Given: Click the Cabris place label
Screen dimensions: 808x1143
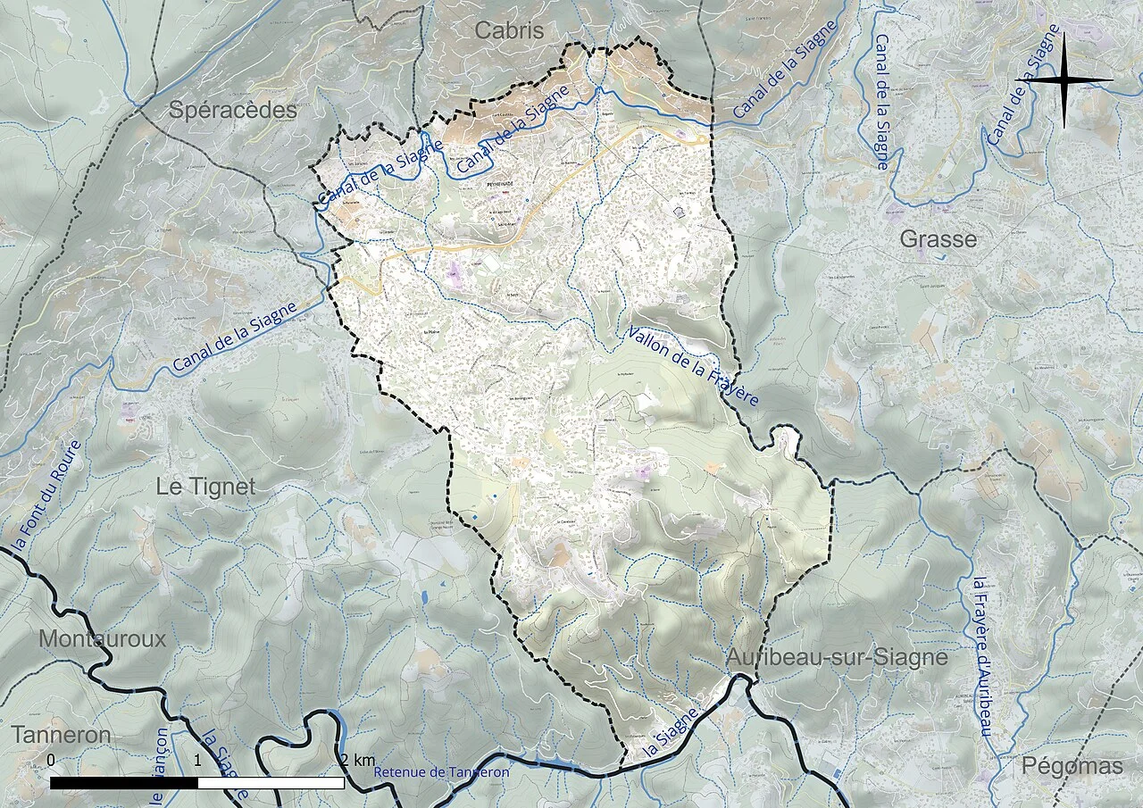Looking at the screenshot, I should point(508,30).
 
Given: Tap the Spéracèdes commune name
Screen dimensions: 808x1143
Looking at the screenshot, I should point(232,111).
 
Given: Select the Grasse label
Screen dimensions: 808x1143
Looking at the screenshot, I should point(938,239).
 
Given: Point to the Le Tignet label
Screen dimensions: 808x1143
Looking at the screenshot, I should point(205,487).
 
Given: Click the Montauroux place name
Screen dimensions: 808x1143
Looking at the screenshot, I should point(102,638).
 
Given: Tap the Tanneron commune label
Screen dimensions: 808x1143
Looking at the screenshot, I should point(62,735).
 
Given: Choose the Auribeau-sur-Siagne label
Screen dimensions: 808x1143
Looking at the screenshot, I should point(837,658).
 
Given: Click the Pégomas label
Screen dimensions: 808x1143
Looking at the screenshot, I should point(1072,766).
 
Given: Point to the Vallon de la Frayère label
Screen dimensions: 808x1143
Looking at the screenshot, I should point(692,365).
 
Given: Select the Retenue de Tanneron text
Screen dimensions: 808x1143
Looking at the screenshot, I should point(442,772).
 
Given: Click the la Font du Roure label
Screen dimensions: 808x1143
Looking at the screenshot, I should point(44,496).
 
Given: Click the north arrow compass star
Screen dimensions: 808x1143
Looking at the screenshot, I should point(1064,80).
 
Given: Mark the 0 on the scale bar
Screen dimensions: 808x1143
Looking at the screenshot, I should point(51,760).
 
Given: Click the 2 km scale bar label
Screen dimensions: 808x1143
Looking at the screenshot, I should point(357,760).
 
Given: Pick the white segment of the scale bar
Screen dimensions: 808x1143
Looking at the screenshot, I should point(271,783).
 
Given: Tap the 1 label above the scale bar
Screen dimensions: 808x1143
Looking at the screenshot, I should point(197,760).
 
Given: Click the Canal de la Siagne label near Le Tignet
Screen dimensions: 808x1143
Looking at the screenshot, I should point(234,337).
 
